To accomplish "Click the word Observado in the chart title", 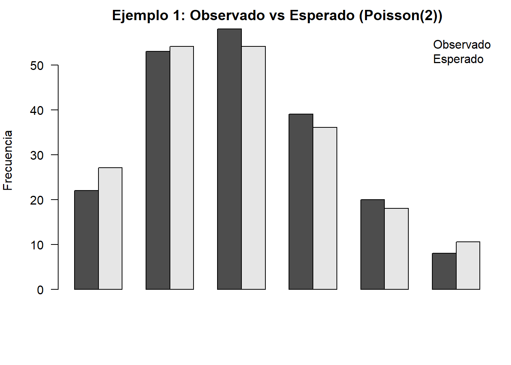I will pyautogui.click(x=227, y=16).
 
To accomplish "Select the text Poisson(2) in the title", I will pyautogui.click(x=399, y=16).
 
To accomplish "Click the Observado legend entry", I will pyautogui.click(x=462, y=45).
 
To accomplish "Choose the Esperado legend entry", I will pyautogui.click(x=458, y=59).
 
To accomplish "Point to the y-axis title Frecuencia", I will pyautogui.click(x=8, y=160).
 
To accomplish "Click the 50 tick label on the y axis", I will pyautogui.click(x=37, y=66).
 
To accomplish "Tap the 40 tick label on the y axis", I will pyautogui.click(x=37, y=111).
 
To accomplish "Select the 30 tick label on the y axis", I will pyautogui.click(x=37, y=156).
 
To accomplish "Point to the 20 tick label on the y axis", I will pyautogui.click(x=37, y=200).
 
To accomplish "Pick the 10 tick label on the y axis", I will pyautogui.click(x=37, y=245).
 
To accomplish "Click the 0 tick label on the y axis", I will pyautogui.click(x=40, y=290).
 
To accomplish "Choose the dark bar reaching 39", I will pyautogui.click(x=301, y=202).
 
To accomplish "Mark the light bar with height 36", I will pyautogui.click(x=325, y=208).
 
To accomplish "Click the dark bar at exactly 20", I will pyautogui.click(x=372, y=244).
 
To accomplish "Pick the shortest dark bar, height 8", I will pyautogui.click(x=444, y=271).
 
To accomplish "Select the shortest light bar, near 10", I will pyautogui.click(x=468, y=265).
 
